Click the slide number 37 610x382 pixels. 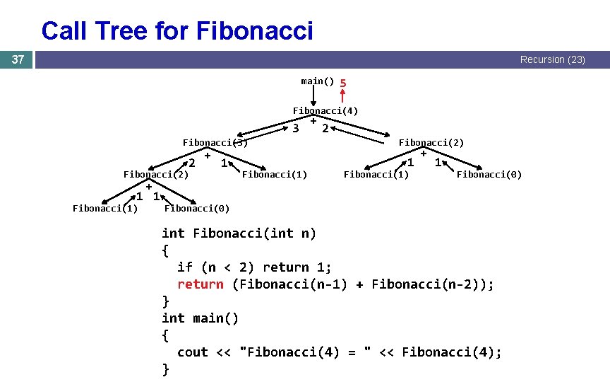tap(18, 60)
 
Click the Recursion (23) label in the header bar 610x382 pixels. tap(552, 60)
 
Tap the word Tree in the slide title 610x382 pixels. tap(155, 31)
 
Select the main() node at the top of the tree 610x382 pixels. tap(317, 81)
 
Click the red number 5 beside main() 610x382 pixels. tap(342, 83)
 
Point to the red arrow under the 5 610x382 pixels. tap(342, 98)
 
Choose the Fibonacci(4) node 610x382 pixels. tap(325, 110)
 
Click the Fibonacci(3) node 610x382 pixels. tap(215, 142)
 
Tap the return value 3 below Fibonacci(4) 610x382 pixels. tap(296, 129)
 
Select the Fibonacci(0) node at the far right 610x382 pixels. tap(489, 175)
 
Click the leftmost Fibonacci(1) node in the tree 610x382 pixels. tap(105, 208)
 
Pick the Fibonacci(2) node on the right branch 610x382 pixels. tap(431, 142)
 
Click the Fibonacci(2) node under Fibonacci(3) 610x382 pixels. tap(156, 175)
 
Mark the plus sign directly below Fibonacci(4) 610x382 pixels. tap(313, 121)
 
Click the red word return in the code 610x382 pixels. tap(200, 284)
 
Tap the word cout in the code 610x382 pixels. tap(192, 352)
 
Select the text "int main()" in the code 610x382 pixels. tap(201, 318)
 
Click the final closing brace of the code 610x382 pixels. tap(166, 369)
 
